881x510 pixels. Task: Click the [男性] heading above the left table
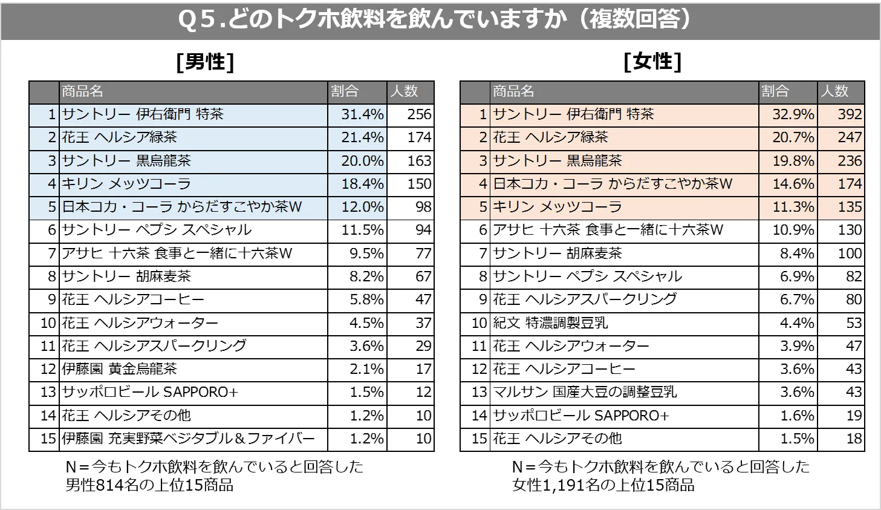(205, 62)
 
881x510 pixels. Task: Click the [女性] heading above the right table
(652, 62)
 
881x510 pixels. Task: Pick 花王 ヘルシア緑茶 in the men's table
(120, 137)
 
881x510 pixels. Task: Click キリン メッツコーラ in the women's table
(557, 207)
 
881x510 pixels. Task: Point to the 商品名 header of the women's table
(513, 91)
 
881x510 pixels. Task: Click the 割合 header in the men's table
(345, 91)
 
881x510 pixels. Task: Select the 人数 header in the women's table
(834, 91)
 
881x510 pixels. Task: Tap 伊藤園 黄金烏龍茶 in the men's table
(120, 369)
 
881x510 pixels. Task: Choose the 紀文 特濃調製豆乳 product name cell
(550, 323)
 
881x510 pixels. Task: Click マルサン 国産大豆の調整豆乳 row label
(584, 392)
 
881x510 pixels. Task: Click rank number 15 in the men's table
(48, 439)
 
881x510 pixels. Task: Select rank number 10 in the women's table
(479, 323)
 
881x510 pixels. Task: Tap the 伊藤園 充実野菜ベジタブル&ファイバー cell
(188, 439)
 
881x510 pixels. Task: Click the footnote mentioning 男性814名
(215, 476)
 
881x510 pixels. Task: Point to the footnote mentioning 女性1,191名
(660, 476)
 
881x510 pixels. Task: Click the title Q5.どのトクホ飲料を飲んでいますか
(435, 19)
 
